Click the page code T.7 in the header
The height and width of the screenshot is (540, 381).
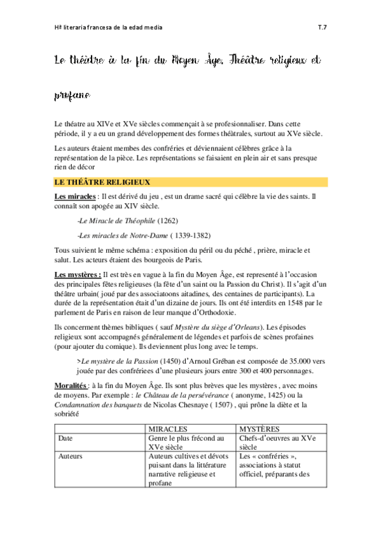(322, 28)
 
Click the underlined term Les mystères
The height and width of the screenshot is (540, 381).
(77, 274)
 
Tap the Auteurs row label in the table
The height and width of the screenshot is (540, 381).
(70, 456)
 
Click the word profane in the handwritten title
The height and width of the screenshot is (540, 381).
(71, 96)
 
